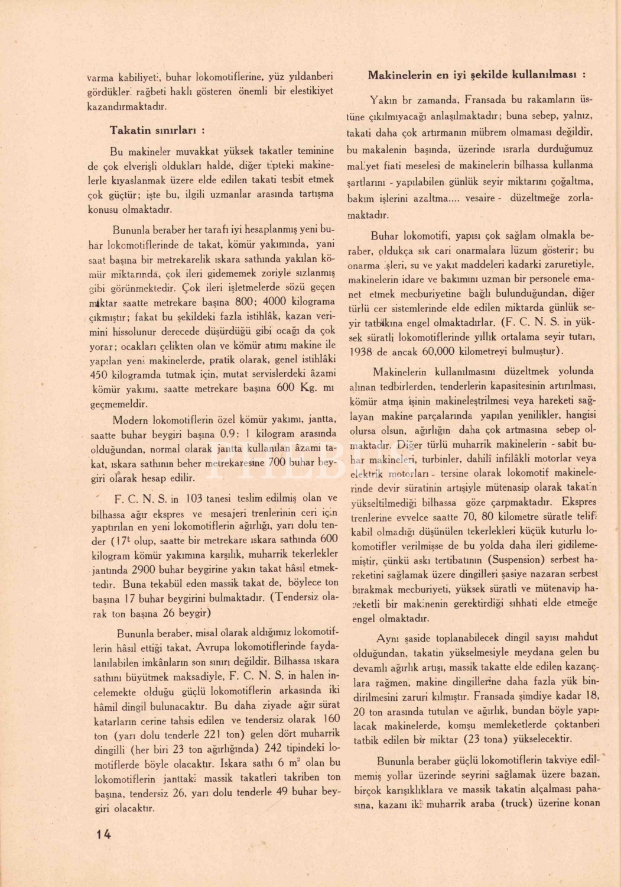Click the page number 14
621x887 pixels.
pyautogui.click(x=103, y=834)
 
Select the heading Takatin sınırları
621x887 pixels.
pyautogui.click(x=157, y=131)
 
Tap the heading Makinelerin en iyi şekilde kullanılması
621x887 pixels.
pyautogui.click(x=476, y=75)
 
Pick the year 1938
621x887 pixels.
pyautogui.click(x=361, y=352)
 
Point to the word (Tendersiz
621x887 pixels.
pyautogui.click(x=293, y=598)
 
